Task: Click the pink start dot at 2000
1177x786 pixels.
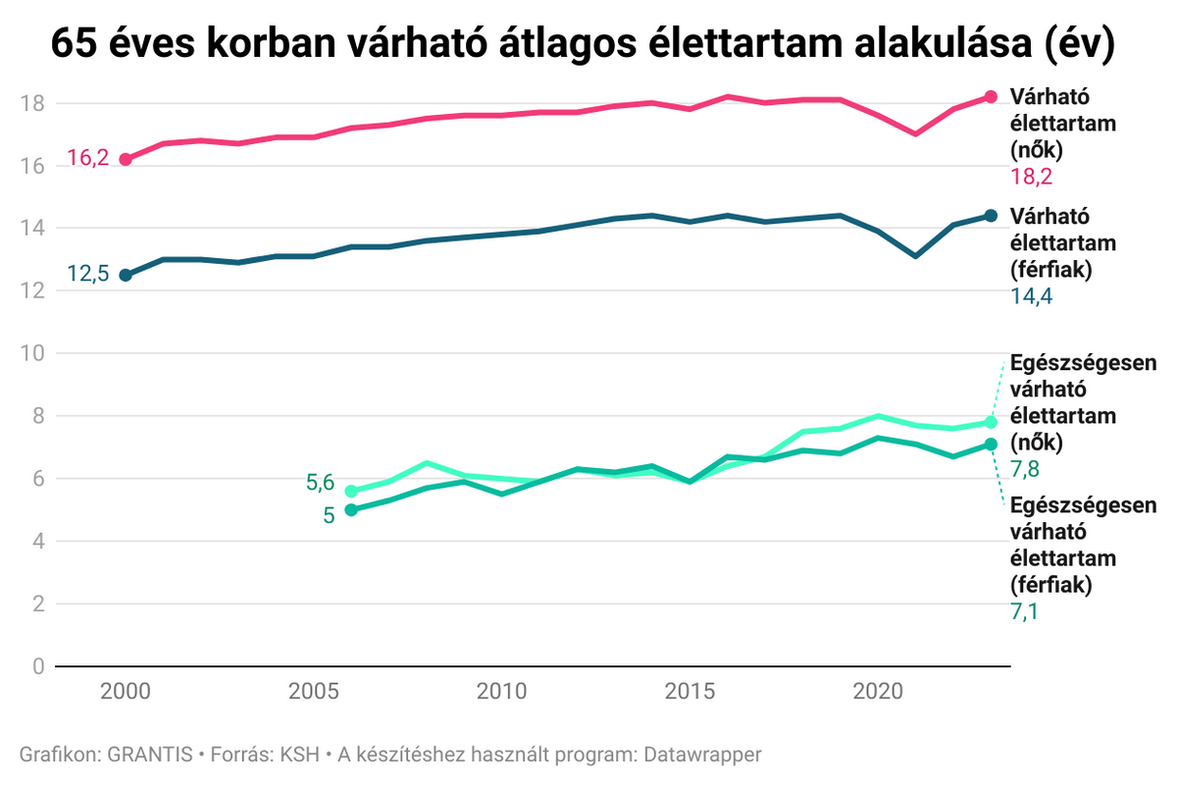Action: click(x=126, y=159)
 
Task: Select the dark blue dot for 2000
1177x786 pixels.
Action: click(x=126, y=275)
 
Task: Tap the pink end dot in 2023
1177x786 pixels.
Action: click(x=991, y=96)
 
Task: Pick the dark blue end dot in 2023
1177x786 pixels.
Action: click(x=991, y=216)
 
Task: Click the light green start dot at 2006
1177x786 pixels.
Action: click(x=351, y=491)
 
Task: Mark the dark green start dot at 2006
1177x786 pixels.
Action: click(x=351, y=509)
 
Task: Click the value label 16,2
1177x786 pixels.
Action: click(x=87, y=158)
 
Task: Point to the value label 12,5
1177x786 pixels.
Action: click(x=87, y=275)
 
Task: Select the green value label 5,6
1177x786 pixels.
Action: click(x=320, y=482)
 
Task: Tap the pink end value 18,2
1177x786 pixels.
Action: click(x=1031, y=177)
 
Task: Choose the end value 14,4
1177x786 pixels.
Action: click(x=1031, y=295)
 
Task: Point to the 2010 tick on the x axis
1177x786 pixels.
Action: click(x=501, y=692)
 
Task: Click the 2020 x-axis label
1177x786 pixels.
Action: click(x=878, y=692)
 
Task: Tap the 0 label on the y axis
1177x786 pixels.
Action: click(x=37, y=667)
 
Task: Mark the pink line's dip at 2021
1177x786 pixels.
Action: click(x=915, y=133)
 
